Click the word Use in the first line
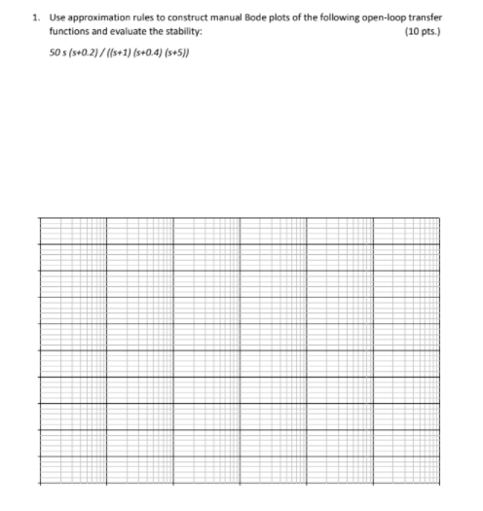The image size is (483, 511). pos(55,18)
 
